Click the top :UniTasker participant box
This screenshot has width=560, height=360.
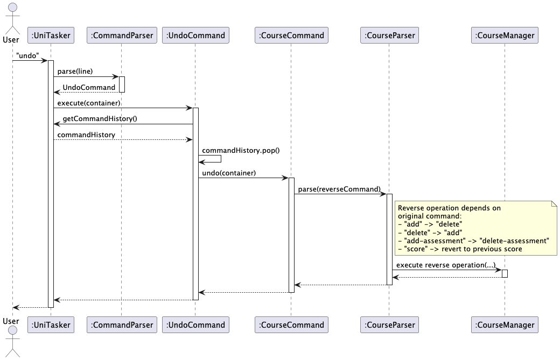51,36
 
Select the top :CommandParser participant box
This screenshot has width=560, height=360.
121,36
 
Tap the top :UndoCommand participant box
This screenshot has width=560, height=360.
195,36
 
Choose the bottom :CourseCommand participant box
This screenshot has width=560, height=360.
291,324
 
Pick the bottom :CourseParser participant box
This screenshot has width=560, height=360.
389,324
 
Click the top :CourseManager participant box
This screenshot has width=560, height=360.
505,36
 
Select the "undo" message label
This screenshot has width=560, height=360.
27,56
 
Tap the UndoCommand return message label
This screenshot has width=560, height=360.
89,87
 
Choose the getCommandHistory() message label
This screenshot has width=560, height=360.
100,118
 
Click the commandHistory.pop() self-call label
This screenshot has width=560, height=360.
241,150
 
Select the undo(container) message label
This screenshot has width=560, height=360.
229,173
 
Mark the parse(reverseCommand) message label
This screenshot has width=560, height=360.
339,189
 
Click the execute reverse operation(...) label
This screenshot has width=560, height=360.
445,265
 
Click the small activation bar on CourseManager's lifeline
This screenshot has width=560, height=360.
505,273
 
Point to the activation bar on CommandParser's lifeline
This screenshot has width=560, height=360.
122,84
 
